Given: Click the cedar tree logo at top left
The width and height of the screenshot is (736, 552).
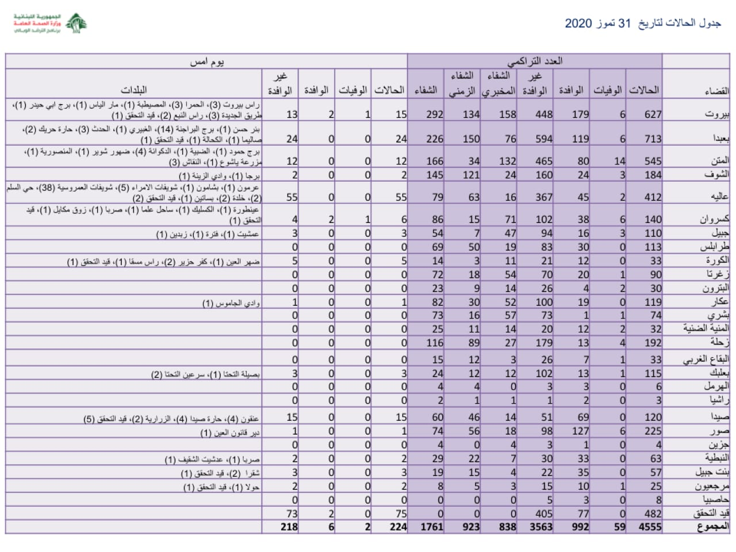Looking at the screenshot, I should coord(76,23).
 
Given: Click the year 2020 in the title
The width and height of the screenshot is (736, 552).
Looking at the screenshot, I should coord(578,24).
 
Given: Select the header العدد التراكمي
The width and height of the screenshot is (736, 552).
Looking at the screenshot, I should coord(535,61).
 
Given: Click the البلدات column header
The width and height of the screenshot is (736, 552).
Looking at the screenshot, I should coord(133,90).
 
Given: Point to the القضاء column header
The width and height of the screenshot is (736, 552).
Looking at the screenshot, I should coord(716,91).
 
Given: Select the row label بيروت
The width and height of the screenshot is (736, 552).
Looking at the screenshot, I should coord(717,114).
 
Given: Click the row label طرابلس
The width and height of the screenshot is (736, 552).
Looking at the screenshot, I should coord(715,247).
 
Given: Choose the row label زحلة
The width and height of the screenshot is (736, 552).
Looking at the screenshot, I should coord(719,343).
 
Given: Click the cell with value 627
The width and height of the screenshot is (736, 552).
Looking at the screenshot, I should coord(653,114).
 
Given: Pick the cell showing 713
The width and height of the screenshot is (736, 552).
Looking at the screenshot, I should coord(653,139).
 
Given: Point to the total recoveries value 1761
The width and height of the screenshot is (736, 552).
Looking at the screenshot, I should coord(431,526).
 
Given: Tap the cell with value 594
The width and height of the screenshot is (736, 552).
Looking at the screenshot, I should coord(543,139).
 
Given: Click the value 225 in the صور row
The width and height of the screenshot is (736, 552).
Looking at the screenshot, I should coord(653,431).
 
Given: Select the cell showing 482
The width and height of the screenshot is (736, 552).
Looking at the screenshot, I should coord(653,513).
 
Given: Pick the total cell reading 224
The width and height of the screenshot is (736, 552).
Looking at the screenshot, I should coord(397,526).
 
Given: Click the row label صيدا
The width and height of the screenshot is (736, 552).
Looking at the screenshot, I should coord(720,417).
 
